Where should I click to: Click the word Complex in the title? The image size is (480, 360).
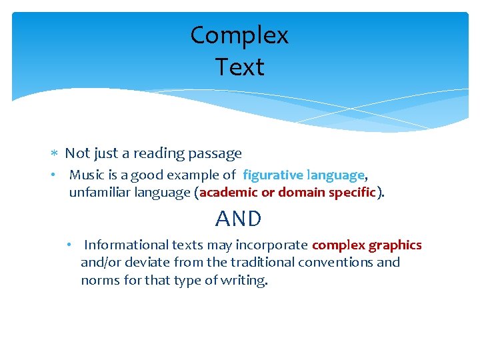coord(239,36)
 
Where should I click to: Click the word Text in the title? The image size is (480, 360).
coord(239,67)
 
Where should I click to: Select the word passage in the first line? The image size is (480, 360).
coord(215,154)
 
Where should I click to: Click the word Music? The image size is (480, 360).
coord(86,175)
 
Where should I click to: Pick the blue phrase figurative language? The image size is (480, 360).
coord(303,175)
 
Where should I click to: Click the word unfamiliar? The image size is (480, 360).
coord(95,193)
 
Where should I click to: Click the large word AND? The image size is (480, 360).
coord(239,219)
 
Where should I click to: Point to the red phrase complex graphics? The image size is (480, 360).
coord(367,245)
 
